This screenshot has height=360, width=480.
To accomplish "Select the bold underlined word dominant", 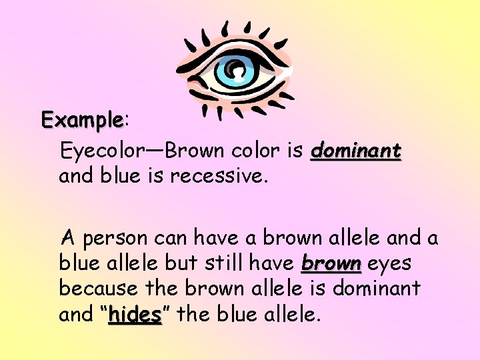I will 356,151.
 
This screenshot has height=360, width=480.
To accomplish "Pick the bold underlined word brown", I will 331,263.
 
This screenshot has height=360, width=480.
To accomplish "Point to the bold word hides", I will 135,314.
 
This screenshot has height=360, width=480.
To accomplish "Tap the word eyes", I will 389,263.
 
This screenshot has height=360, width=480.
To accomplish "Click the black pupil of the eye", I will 234,67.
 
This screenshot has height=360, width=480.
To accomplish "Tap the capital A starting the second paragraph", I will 67,237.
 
